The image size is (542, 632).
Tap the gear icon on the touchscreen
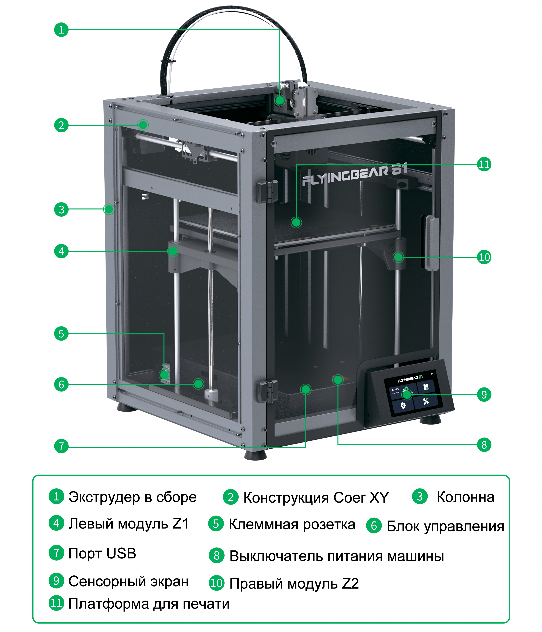coord(403,406)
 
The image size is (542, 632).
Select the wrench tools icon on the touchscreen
coord(426,401)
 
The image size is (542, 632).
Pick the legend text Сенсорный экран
coord(128,581)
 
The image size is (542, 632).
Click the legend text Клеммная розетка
coord(292,524)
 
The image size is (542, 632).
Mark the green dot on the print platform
coord(296,222)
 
